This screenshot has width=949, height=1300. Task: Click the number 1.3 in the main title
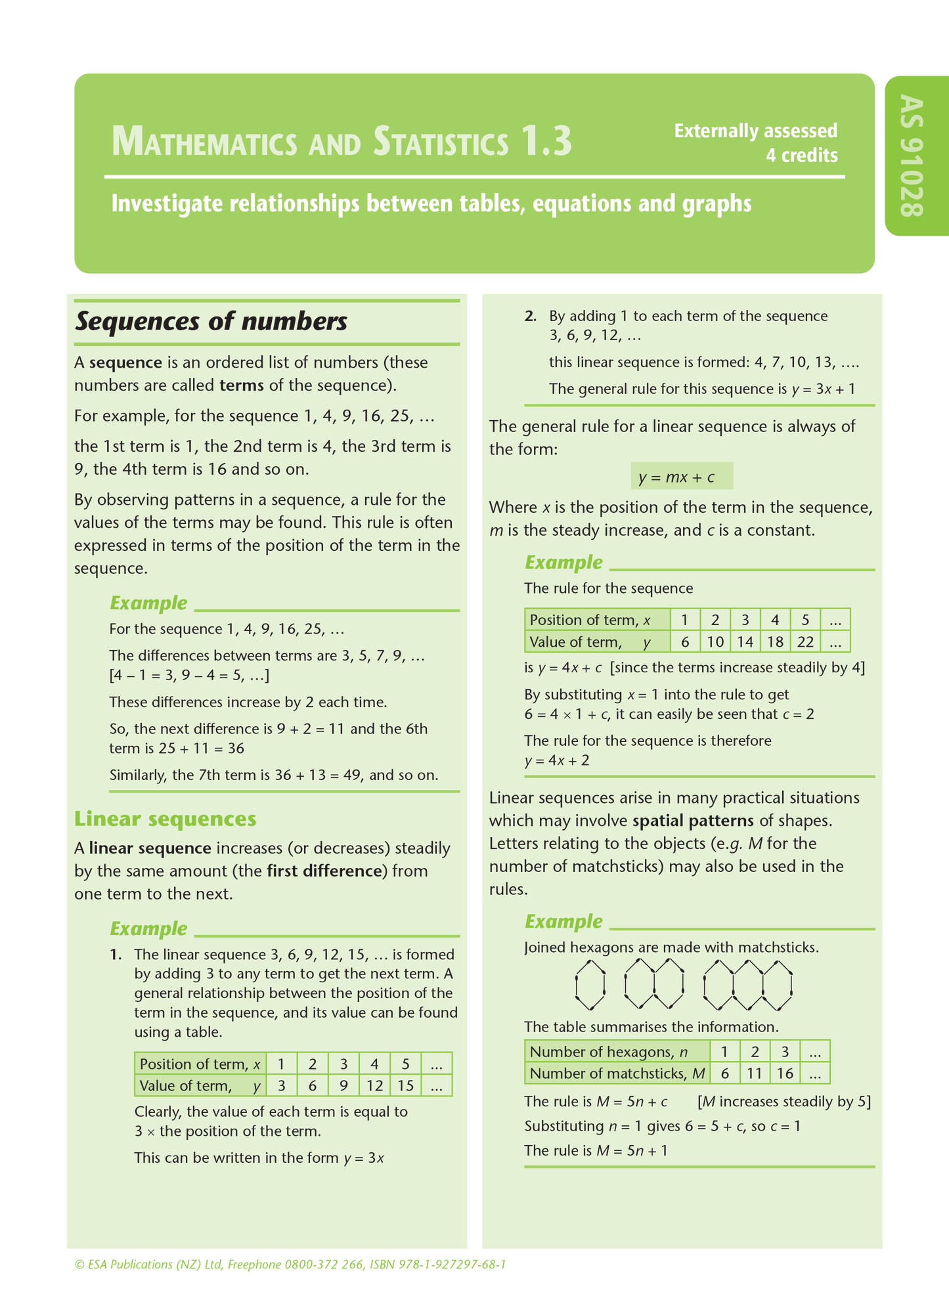[546, 142]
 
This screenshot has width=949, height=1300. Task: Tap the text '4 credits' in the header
[802, 156]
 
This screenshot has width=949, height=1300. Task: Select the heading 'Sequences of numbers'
[211, 322]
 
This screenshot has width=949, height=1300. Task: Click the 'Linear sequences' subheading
[165, 819]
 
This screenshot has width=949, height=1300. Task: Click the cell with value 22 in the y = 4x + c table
[805, 641]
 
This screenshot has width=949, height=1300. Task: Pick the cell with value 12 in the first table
[374, 1085]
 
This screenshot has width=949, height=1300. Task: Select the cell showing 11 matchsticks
[755, 1073]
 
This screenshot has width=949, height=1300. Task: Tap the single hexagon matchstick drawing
[590, 985]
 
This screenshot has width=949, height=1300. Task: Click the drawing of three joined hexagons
[747, 985]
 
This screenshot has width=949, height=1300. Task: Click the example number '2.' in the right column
[531, 316]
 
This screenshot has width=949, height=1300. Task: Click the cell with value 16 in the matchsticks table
[785, 1073]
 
